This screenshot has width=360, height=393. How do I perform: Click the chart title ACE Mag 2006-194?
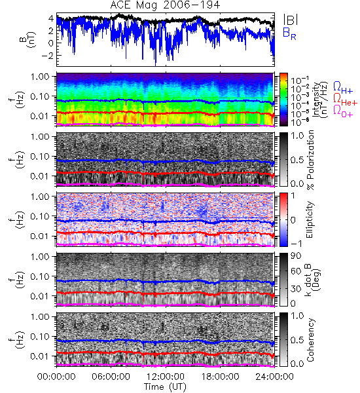165,5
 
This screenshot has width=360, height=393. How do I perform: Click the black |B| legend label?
291,20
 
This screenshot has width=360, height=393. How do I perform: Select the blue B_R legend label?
289,33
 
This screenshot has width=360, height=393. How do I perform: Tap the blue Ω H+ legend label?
343,88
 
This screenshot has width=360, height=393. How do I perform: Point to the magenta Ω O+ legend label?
343,111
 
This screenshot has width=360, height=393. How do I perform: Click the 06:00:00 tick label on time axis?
111,377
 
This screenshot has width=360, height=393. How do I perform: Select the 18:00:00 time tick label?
220,377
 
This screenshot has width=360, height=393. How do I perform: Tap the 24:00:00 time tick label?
274,377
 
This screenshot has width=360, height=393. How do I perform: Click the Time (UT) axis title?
165,386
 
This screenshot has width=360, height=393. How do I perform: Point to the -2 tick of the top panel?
48,55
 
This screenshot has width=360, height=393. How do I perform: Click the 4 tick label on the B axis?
51,18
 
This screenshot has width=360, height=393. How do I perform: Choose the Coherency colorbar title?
310,340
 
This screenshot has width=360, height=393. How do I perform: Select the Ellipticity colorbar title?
310,219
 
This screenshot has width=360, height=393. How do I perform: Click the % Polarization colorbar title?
310,160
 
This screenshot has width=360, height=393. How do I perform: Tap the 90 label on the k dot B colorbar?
296,256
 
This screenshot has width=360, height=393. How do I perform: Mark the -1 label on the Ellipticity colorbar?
296,244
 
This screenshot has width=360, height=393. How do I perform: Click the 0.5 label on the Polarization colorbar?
297,160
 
